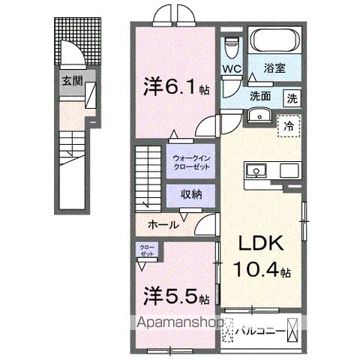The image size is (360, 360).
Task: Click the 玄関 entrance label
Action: (x=72, y=80)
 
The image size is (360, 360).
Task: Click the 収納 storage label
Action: (x=191, y=193)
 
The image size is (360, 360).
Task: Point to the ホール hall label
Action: (x=163, y=224)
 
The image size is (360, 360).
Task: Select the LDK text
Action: (x=259, y=244)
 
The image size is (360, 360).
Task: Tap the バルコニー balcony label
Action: (x=262, y=328)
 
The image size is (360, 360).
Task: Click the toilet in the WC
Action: (x=232, y=44)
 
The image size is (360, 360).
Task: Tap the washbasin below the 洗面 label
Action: (x=260, y=115)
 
